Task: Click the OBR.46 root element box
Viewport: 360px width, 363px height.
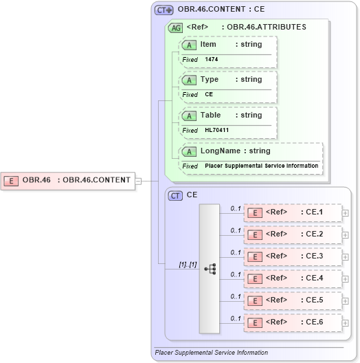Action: (x=68, y=180)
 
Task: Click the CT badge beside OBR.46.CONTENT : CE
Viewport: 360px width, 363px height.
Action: (x=164, y=10)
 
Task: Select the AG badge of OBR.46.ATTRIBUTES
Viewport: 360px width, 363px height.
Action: (x=176, y=28)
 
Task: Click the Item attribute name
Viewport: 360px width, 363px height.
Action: (x=208, y=44)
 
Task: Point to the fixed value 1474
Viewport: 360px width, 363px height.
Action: (x=212, y=60)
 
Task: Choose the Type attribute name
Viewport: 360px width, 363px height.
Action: (x=210, y=80)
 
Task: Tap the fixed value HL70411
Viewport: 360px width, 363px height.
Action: (x=216, y=130)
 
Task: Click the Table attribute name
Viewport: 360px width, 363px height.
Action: (x=210, y=115)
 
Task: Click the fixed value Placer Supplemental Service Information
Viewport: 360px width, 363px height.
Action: (x=261, y=166)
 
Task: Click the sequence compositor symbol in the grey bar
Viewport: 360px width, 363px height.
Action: (x=210, y=268)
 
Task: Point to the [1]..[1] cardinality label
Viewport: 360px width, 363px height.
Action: (x=188, y=263)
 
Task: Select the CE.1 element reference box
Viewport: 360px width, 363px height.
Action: (x=293, y=212)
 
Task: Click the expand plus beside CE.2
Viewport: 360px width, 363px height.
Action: (x=345, y=234)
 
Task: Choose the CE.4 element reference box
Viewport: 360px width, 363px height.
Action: (x=293, y=278)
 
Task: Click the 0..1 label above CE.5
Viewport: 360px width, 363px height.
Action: (x=236, y=296)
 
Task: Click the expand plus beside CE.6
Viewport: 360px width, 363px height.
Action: (x=345, y=322)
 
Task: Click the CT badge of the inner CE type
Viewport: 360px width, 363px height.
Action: (x=176, y=195)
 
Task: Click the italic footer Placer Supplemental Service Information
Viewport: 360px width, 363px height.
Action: (x=212, y=353)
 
